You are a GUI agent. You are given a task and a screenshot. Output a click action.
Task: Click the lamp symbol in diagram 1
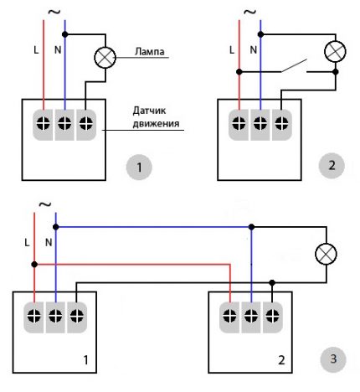[x=105, y=58]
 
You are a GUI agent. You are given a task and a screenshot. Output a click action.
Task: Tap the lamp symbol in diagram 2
[x=335, y=50]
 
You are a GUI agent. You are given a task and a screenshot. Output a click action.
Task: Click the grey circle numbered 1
[x=140, y=168]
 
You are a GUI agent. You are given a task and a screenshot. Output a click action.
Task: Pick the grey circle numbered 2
[x=332, y=165]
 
